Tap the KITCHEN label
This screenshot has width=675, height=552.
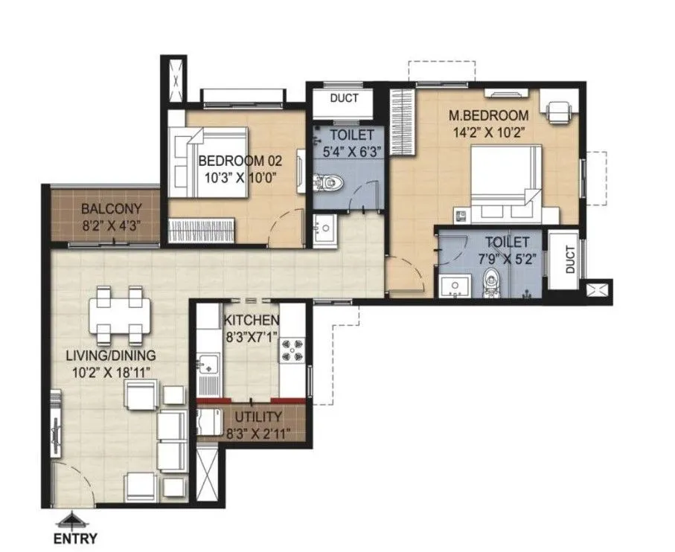click(252, 321)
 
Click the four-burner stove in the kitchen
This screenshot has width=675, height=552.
click(290, 349)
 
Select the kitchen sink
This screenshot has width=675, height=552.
click(208, 365)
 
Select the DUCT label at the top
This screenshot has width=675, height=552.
click(343, 98)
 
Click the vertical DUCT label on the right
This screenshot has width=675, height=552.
click(569, 260)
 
